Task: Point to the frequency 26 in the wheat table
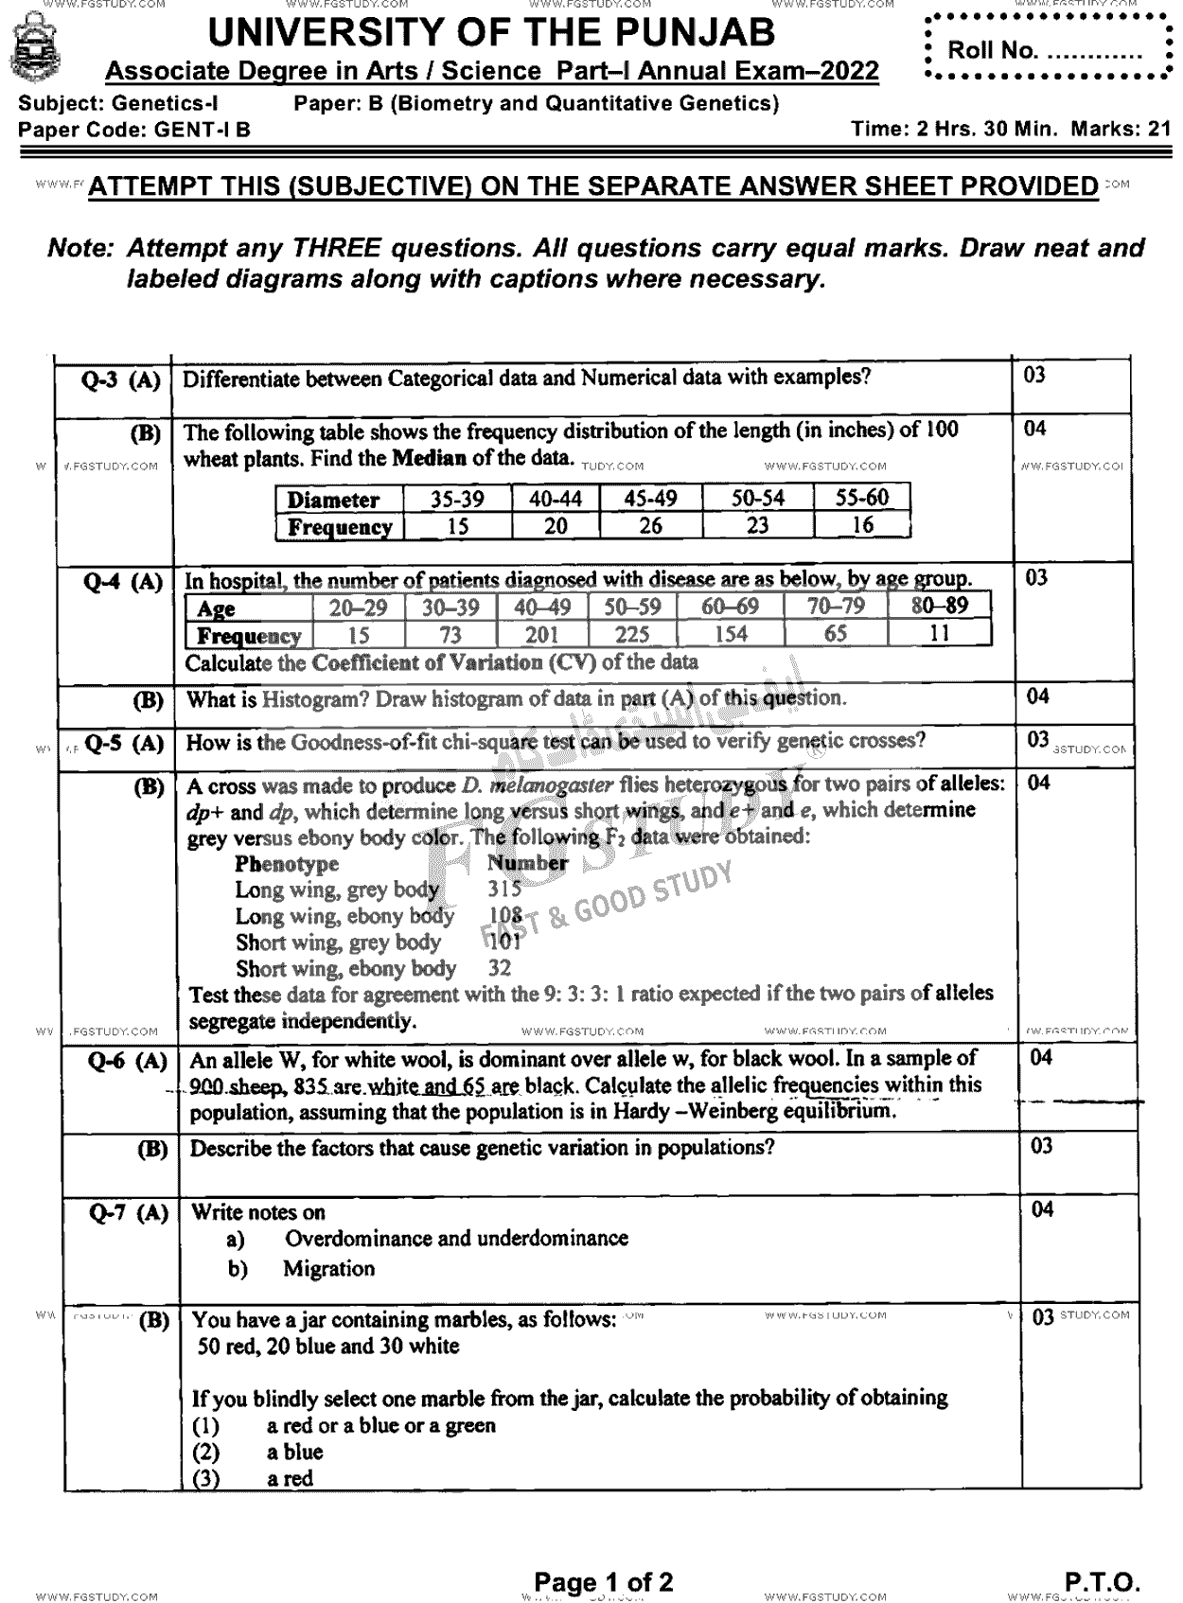pos(650,526)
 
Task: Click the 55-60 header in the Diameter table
pos(861,499)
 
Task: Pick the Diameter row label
pos(333,500)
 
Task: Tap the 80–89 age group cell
pos(939,607)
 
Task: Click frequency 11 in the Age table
pos(939,633)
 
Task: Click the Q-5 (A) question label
pos(123,743)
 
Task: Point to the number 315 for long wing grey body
pos(503,889)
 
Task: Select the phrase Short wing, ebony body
pos(345,968)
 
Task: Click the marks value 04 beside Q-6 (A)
pos(1041,1057)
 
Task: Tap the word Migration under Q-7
pos(328,1269)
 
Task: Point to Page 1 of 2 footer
pos(603,1581)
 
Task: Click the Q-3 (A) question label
pos(120,381)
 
